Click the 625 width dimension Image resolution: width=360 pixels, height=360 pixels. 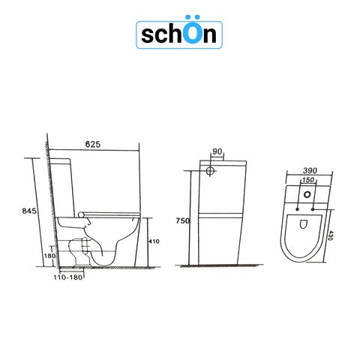[93, 144]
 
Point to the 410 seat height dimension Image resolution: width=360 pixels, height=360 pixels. [154, 241]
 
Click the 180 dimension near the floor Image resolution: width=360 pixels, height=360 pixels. [50, 256]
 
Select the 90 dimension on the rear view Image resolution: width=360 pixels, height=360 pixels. [217, 152]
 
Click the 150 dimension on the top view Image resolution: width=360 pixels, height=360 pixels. [307, 181]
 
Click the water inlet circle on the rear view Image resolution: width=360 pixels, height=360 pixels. [212, 170]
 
